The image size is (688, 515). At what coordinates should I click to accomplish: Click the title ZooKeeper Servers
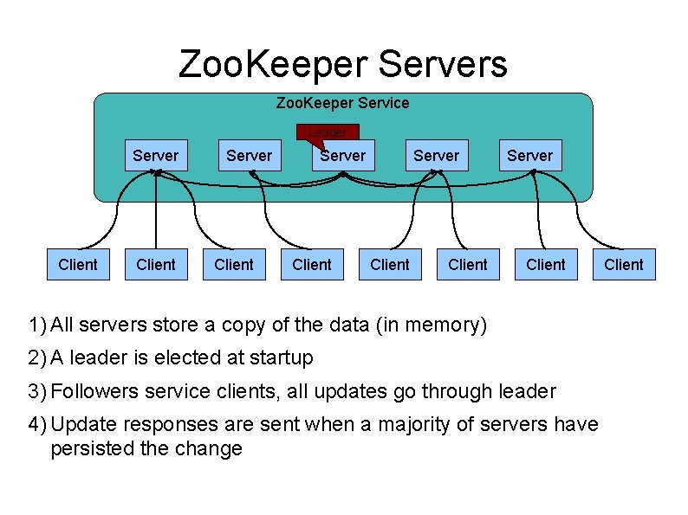click(342, 64)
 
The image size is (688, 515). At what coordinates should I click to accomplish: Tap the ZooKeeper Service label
click(342, 103)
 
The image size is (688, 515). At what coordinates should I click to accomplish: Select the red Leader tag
click(327, 132)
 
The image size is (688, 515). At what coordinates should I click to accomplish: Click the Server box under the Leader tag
click(342, 156)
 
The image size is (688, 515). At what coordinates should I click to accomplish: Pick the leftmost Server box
click(155, 156)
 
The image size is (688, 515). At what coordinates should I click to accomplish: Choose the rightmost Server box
click(529, 156)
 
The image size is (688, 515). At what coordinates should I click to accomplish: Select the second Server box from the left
click(249, 156)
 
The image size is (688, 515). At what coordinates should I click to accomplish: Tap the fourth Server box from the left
click(436, 156)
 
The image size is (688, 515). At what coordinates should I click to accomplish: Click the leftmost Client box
click(78, 265)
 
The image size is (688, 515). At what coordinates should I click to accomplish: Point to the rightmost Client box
click(624, 265)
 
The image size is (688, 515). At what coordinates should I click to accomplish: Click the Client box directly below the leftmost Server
click(156, 265)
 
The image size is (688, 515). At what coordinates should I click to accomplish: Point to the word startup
click(281, 357)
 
